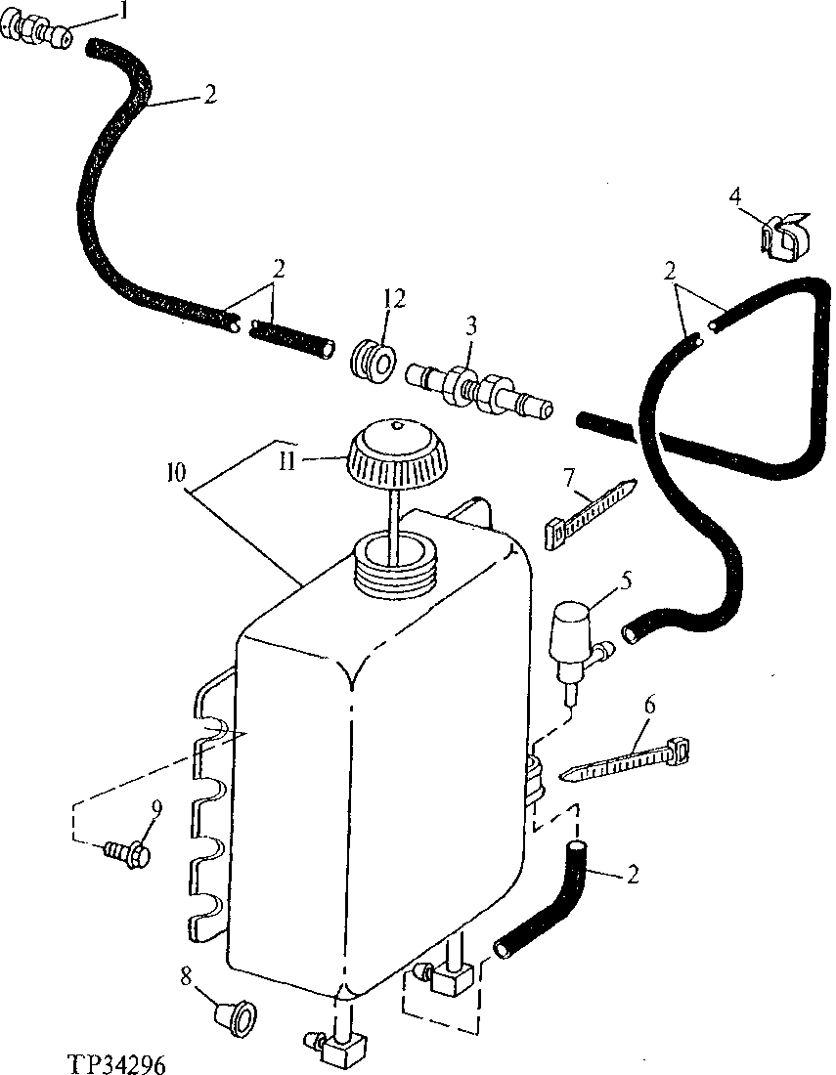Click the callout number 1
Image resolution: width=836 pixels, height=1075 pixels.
tap(122, 11)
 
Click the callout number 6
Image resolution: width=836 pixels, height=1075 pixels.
tap(650, 704)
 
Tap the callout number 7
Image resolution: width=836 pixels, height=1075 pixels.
tap(568, 476)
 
